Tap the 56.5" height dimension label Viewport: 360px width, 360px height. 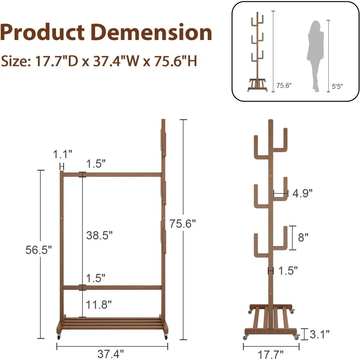pos(39,249)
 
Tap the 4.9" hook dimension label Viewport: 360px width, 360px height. pos(302,193)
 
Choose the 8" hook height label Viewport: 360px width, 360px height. pos(303,238)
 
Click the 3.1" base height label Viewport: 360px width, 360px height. pos(320,335)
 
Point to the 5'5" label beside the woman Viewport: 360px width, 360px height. pos(337,86)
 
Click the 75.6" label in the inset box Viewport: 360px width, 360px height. pos(284,86)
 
